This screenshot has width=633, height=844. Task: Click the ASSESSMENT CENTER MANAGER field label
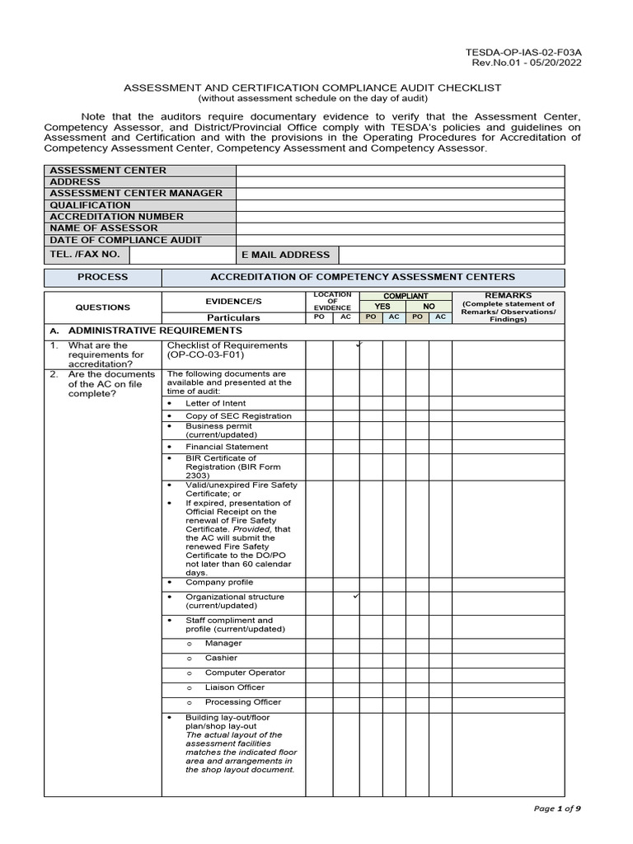[136, 194]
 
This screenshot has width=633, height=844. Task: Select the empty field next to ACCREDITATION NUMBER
[400, 217]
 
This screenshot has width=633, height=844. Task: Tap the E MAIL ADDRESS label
[285, 256]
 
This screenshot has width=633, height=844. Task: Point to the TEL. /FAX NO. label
[85, 255]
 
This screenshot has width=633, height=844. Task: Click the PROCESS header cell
[102, 278]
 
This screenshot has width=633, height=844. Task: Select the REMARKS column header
[509, 295]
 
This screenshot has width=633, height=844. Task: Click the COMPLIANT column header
[406, 295]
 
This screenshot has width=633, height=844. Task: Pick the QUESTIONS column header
[102, 307]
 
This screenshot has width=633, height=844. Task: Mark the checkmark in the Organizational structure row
[355, 595]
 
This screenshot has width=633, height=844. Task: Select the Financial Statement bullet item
[226, 447]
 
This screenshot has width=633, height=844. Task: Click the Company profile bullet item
[218, 582]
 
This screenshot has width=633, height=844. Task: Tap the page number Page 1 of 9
[557, 809]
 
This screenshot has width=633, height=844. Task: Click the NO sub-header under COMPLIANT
[429, 307]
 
